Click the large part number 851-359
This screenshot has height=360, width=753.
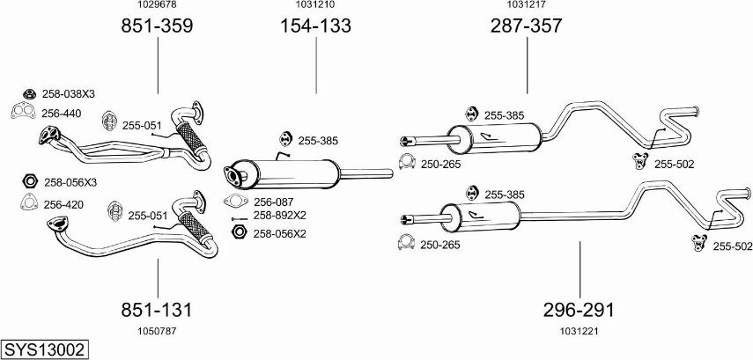pos(157,26)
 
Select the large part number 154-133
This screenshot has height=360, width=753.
pos(315,26)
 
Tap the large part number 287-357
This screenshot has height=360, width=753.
pos(526,26)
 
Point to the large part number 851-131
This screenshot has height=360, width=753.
pos(157,310)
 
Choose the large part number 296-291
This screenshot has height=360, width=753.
pos(579,310)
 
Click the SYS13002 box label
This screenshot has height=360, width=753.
pos(44,350)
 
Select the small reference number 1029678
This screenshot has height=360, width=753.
pos(157,5)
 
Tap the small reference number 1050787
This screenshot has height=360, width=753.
pos(157,330)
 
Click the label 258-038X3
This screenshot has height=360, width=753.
pos(69,94)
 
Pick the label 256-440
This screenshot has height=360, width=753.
pos(62,113)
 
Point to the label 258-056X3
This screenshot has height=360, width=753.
pos(70,182)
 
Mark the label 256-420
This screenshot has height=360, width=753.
pos(63,204)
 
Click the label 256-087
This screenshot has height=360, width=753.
pos(273,202)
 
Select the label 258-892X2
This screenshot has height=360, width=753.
pos(279,215)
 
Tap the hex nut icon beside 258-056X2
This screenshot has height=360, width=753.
pos(237,232)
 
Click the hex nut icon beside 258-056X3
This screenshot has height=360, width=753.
pos(28,181)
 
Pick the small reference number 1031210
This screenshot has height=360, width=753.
pos(315,5)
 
